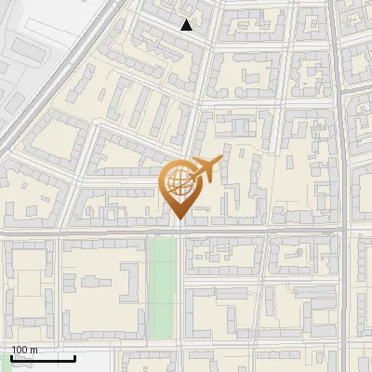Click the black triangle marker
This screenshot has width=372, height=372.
pos(187,25)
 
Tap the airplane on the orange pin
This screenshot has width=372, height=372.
pos(201,172)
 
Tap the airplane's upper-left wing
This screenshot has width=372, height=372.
pos(196,164)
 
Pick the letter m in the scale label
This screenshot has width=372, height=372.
pos(33,350)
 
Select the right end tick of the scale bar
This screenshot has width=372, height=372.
pos(74,356)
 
